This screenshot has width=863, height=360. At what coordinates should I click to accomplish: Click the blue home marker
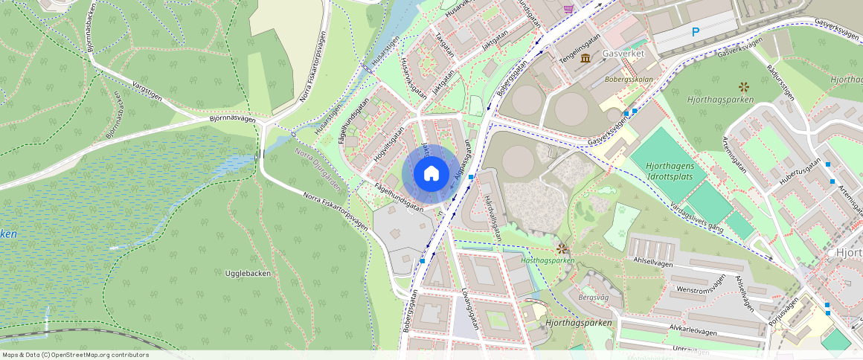(431, 173)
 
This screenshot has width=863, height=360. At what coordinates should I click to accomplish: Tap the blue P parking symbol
(696, 32)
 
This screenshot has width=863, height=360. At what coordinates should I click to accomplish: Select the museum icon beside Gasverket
(586, 58)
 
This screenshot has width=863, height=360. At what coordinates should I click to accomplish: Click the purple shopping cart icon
(569, 8)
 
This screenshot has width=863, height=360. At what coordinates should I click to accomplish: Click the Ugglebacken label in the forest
(248, 273)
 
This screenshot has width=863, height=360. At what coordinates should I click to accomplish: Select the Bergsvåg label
(593, 297)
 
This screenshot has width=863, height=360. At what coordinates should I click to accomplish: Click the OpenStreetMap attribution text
(75, 355)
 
